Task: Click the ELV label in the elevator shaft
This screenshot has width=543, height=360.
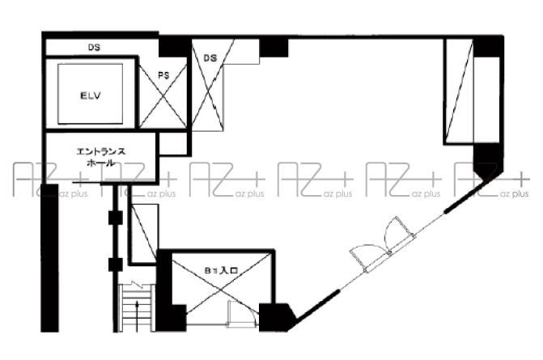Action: [x=91, y=95]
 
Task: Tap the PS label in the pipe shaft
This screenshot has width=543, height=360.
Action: [x=163, y=75]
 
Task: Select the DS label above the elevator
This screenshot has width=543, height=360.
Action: [x=94, y=48]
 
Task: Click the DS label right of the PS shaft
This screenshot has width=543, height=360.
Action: [x=210, y=58]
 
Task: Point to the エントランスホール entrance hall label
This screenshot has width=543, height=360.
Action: [x=101, y=157]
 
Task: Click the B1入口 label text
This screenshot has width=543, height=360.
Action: [x=221, y=270]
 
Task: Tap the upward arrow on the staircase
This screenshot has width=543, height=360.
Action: [x=137, y=316]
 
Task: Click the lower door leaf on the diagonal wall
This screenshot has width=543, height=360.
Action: [x=369, y=259]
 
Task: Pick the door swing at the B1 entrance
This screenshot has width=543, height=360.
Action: [x=243, y=313]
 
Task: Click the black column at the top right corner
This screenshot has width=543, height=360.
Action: [x=488, y=46]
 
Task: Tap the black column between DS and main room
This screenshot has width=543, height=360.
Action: [x=274, y=48]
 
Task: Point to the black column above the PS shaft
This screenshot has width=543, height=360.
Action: [x=173, y=46]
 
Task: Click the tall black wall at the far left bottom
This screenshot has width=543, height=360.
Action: [x=50, y=258]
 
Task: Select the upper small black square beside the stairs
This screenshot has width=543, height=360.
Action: [x=116, y=218]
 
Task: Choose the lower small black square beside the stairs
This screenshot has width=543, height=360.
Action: [x=116, y=265]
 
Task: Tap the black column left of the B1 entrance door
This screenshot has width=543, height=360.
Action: [x=172, y=317]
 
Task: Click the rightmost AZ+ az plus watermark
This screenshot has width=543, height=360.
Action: [x=492, y=180]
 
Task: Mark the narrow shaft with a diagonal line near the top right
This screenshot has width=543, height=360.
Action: [x=459, y=91]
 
